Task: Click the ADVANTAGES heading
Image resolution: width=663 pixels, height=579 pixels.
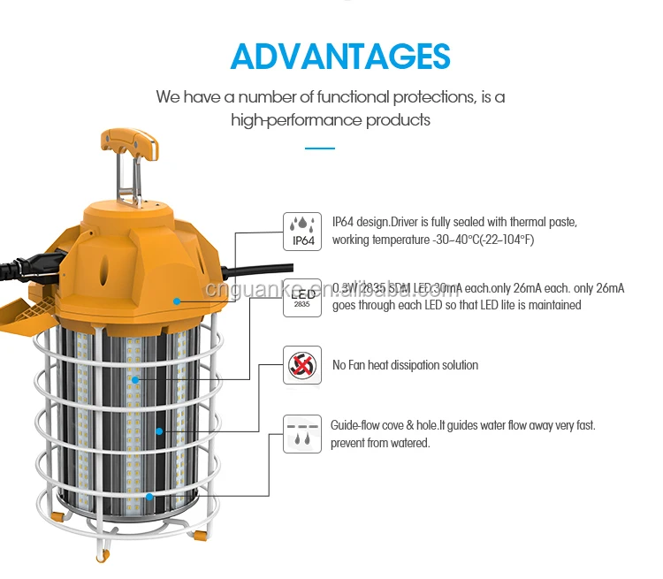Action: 339,55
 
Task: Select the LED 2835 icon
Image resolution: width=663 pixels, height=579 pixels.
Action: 301,298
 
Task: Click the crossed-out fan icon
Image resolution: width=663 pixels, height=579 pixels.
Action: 301,364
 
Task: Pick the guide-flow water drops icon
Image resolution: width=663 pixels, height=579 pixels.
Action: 301,433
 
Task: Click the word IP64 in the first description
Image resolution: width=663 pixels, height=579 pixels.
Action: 347,222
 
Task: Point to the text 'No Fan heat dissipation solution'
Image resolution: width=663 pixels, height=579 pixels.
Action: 405,365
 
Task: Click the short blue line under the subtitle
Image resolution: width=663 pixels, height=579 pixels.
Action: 319,149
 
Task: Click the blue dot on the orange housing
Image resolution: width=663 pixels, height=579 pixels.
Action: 177,301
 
